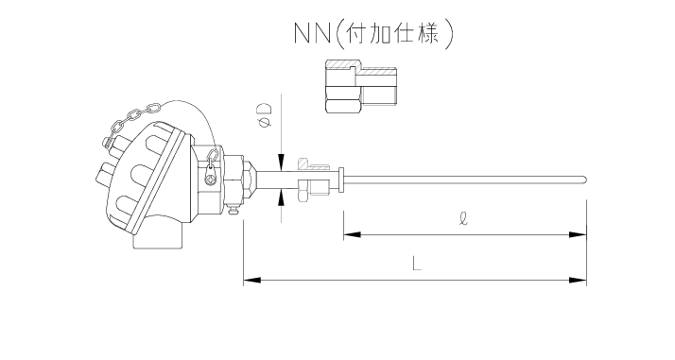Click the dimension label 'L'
click(x=416, y=265)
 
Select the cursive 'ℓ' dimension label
click(x=461, y=216)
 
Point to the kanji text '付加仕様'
click(x=396, y=34)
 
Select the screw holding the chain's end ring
click(x=212, y=176)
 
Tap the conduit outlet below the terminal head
click(x=156, y=237)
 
